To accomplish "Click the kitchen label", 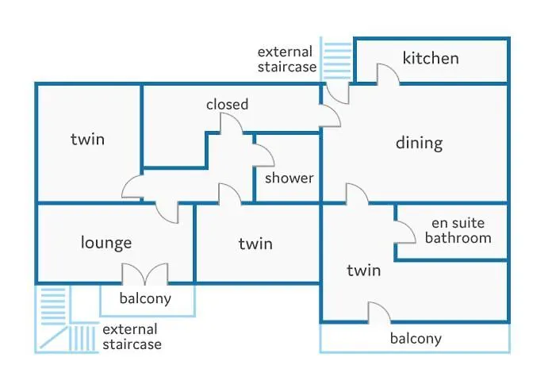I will click(431, 58).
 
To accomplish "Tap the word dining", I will click(419, 143).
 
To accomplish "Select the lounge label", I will click(106, 242).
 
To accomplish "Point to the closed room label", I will click(227, 104).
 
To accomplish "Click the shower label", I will click(289, 178).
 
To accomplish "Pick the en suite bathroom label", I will click(458, 230).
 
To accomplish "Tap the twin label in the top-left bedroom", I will click(87, 140).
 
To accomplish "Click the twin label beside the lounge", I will click(255, 244).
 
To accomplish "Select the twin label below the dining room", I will click(363, 271).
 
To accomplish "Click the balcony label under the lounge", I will click(145, 299).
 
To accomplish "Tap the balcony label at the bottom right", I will click(416, 339).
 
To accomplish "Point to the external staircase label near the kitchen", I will click(286, 60).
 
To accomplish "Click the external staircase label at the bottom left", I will click(131, 336).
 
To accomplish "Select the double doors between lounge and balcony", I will click(144, 275).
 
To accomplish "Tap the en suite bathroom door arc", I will click(405, 231).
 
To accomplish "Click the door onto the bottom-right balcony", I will click(378, 313).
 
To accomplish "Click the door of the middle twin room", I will click(229, 194).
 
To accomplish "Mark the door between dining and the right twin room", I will click(356, 194).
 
